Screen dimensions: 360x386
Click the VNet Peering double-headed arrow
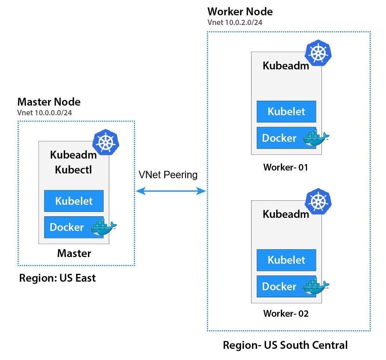click(x=171, y=191)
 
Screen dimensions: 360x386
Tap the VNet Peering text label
click(x=168, y=175)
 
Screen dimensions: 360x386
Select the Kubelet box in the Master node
click(x=74, y=201)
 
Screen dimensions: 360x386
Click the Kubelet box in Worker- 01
click(x=286, y=112)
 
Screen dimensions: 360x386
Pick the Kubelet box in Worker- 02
click(x=286, y=260)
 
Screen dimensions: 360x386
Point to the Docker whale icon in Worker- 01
click(x=315, y=138)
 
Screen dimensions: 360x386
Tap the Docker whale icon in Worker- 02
click(x=315, y=287)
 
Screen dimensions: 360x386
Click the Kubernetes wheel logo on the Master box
click(x=105, y=142)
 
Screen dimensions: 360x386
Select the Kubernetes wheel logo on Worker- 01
click(x=318, y=53)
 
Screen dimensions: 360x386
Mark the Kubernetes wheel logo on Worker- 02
click(x=318, y=201)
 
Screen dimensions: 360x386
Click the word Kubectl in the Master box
click(x=73, y=169)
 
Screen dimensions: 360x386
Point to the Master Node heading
click(x=49, y=101)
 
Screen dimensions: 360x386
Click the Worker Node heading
click(x=240, y=12)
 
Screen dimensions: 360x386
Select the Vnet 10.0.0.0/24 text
click(x=44, y=113)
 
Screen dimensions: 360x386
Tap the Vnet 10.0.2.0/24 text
click(x=235, y=22)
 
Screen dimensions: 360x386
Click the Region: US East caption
click(x=57, y=278)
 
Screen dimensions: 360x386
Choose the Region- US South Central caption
click(x=285, y=345)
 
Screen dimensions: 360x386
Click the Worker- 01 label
click(x=286, y=167)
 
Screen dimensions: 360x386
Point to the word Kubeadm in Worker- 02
click(x=286, y=214)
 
